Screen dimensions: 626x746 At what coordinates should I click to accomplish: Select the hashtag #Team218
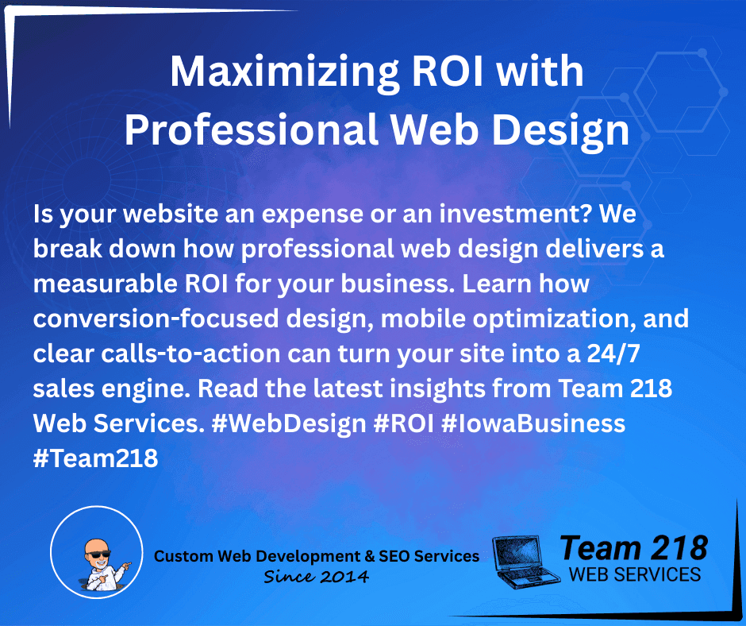[96, 458]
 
